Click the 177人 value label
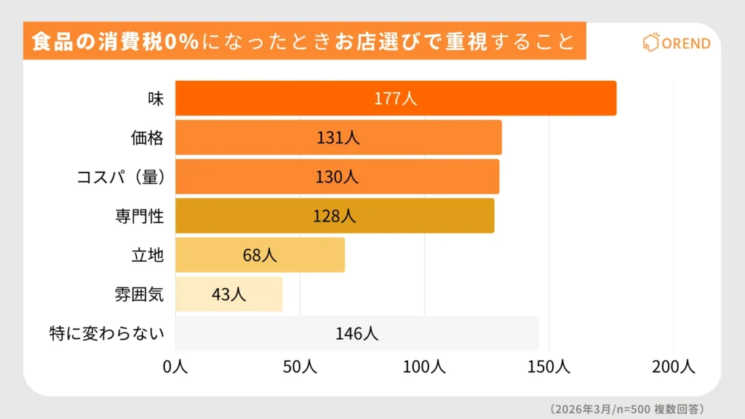click(x=396, y=99)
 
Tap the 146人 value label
click(x=356, y=334)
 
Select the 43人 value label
click(x=229, y=295)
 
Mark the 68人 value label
click(x=260, y=255)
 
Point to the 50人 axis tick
click(x=299, y=367)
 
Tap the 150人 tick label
click(x=549, y=367)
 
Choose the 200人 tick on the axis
click(x=673, y=367)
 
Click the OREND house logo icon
click(x=650, y=42)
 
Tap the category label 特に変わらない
click(x=106, y=334)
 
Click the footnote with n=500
click(x=626, y=408)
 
